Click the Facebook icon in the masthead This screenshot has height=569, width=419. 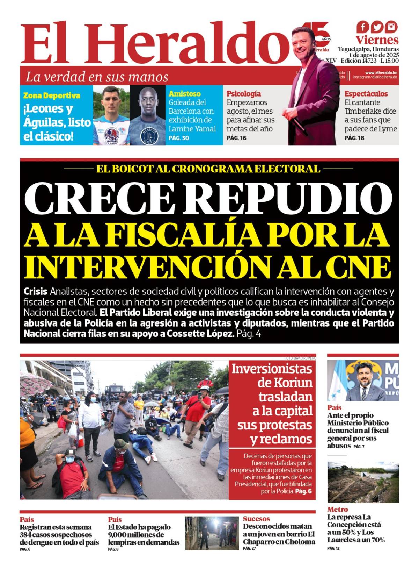(363, 27)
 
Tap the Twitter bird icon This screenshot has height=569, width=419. (377, 27)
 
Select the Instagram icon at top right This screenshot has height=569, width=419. (391, 27)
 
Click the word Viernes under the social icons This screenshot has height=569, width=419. (377, 40)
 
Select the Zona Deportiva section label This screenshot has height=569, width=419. (52, 95)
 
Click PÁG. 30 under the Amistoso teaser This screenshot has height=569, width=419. (179, 138)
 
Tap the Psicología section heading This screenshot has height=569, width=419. (244, 94)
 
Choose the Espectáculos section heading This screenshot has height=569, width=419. (366, 94)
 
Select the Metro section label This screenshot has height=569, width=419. (337, 510)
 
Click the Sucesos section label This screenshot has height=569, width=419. (256, 519)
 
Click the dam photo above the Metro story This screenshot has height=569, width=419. (363, 483)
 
